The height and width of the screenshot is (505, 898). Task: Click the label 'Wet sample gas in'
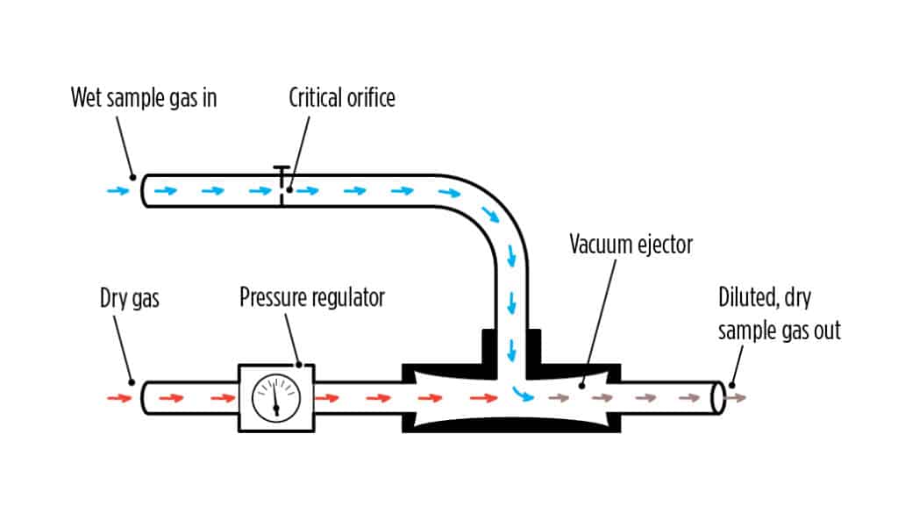click(x=144, y=98)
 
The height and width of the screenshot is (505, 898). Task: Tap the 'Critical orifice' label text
click(x=342, y=98)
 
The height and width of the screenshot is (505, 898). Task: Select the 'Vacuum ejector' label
click(x=631, y=245)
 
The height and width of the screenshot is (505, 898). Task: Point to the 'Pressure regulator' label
click(x=312, y=297)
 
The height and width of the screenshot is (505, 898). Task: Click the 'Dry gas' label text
click(x=130, y=298)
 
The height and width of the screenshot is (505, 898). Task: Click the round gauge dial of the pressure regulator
click(x=276, y=398)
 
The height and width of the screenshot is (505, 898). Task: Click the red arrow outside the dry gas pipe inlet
click(x=119, y=398)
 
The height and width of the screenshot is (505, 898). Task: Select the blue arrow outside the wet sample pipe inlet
click(x=118, y=190)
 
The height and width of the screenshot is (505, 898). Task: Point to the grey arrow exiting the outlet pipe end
click(x=736, y=398)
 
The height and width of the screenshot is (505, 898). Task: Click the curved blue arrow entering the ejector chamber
click(x=524, y=394)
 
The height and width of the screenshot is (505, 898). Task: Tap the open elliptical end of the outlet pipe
click(x=717, y=397)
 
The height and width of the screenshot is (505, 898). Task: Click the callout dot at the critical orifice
click(x=289, y=189)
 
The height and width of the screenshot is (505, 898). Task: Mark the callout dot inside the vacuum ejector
click(x=582, y=386)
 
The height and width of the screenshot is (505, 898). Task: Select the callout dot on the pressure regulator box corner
click(x=298, y=365)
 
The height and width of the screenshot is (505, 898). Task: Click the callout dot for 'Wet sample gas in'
click(x=133, y=177)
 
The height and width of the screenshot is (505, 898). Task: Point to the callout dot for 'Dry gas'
click(x=132, y=382)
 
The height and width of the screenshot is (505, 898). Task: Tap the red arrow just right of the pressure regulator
click(x=327, y=398)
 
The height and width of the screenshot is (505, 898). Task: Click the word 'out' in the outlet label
click(x=826, y=331)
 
